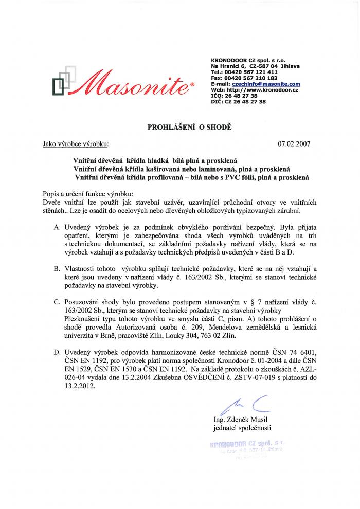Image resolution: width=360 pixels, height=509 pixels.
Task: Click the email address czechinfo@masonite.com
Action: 266,84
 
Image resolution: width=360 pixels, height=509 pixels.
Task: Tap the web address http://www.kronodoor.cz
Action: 261,90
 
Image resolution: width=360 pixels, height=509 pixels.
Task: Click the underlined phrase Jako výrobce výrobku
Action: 76,145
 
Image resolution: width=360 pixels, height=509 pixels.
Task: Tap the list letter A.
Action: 57,226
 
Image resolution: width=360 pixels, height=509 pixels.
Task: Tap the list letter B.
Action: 57,268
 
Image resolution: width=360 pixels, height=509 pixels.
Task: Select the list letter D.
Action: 57,353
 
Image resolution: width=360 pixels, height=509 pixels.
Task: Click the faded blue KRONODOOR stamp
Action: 247,446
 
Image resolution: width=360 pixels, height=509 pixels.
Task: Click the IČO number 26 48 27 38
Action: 244,96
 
